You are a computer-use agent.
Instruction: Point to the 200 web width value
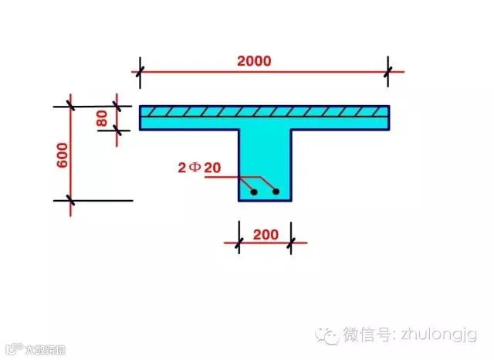[265, 233]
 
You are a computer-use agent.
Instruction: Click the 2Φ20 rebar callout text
[199, 166]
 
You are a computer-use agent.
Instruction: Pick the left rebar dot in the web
[253, 191]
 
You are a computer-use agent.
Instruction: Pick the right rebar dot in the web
[276, 191]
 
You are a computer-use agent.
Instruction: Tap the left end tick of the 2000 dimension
[140, 73]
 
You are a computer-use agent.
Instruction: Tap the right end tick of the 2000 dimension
[389, 73]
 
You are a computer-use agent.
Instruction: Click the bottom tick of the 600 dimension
[71, 201]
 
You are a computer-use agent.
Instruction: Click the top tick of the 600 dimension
[71, 106]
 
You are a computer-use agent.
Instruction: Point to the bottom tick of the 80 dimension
[117, 130]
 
